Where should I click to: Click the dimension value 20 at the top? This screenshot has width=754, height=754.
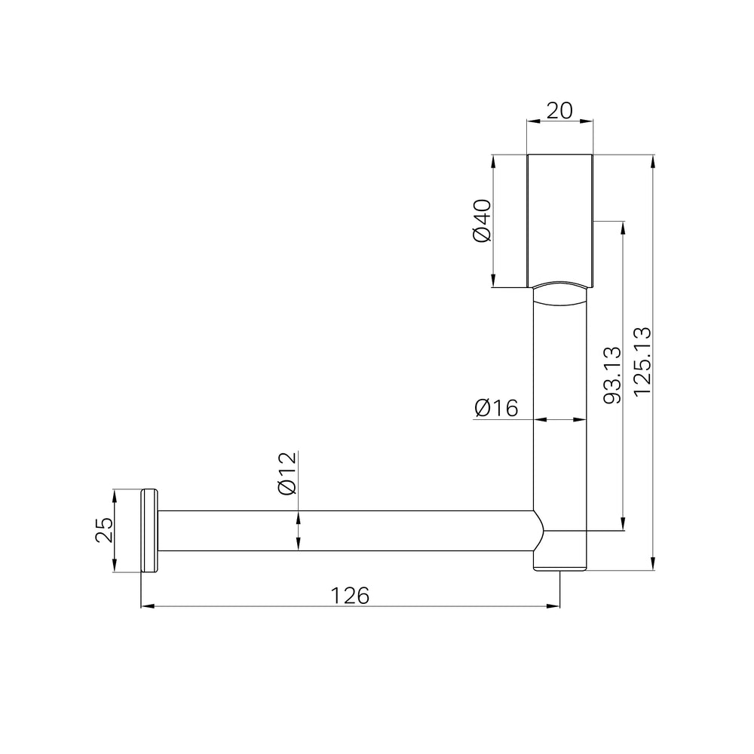point(559,111)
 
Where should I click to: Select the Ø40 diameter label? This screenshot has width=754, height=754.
point(483,221)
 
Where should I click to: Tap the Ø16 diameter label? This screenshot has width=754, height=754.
point(496,408)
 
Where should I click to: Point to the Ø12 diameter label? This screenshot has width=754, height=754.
point(287,474)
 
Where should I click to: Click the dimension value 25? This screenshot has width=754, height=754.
point(104,530)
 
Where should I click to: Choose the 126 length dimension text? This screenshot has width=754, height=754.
point(350,596)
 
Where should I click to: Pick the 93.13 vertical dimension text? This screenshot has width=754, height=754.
point(612,375)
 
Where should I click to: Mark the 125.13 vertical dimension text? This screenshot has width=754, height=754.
point(642,361)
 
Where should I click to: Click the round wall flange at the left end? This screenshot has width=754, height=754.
point(149,530)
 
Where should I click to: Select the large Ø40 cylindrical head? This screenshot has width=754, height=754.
point(559,221)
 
